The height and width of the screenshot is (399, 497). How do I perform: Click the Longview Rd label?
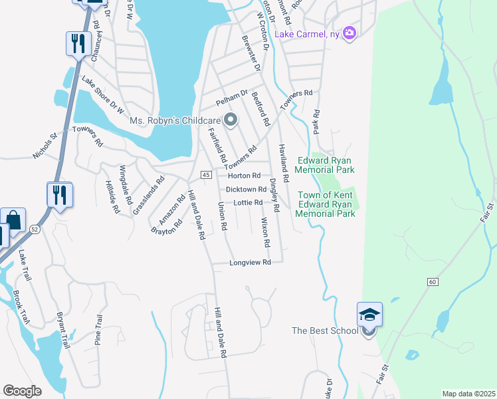[250, 263]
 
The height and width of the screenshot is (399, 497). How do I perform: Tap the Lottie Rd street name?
[249, 202]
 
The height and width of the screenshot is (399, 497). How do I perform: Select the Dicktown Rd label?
[246, 190]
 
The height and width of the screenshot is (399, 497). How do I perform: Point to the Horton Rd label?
[244, 176]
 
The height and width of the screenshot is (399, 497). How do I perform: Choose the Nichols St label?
[46, 148]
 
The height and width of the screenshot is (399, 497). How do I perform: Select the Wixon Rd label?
[265, 231]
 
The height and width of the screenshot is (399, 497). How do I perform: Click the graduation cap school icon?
[369, 315]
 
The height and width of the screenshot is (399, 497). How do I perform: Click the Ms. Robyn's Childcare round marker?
[231, 120]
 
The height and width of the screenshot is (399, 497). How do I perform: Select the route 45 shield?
[206, 174]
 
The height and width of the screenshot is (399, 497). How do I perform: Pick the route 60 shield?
[433, 282]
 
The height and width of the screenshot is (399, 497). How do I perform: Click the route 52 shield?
[34, 229]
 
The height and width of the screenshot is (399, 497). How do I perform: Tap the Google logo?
[22, 391]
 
